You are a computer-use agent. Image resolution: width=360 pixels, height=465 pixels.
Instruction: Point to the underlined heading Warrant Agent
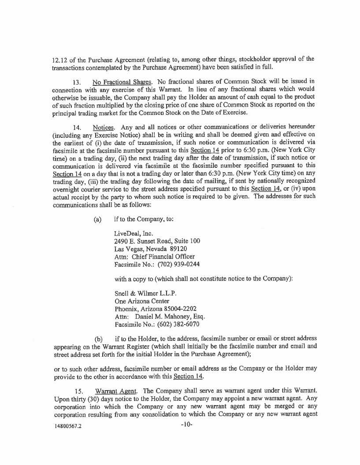click(x=115, y=391)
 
